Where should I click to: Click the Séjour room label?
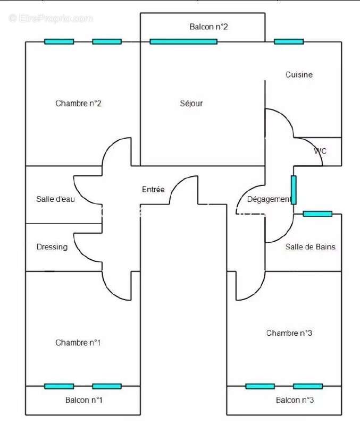(x=191, y=104)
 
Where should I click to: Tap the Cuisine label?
(x=299, y=75)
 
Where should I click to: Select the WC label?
(x=320, y=151)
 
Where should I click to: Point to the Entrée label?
(x=153, y=189)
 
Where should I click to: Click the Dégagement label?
(x=269, y=199)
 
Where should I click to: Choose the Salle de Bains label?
(x=310, y=246)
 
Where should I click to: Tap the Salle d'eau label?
(x=55, y=199)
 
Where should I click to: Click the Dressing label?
(x=52, y=247)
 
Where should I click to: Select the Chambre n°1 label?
(x=78, y=343)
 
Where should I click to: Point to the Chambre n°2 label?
(x=78, y=104)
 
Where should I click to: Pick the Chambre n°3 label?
(x=289, y=333)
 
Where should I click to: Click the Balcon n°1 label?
(x=83, y=400)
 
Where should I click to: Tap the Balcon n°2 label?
(x=208, y=27)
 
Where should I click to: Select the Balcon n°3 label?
(x=295, y=400)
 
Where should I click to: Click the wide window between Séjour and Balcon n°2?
(x=183, y=41)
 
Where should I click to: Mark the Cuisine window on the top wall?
(x=289, y=41)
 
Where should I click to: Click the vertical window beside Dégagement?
(x=294, y=190)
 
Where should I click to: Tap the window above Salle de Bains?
(x=317, y=214)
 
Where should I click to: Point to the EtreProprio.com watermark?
(x=51, y=18)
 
